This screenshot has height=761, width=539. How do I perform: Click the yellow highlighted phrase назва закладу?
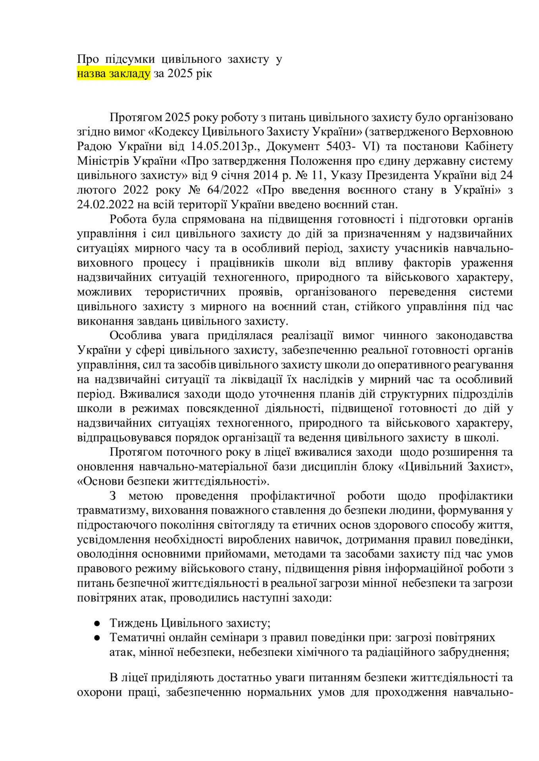pyautogui.click(x=114, y=74)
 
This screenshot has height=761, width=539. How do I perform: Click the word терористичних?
pyautogui.click(x=185, y=292)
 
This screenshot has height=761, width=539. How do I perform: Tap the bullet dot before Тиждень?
pyautogui.click(x=96, y=623)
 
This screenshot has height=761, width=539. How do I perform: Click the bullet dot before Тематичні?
pyautogui.click(x=96, y=638)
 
